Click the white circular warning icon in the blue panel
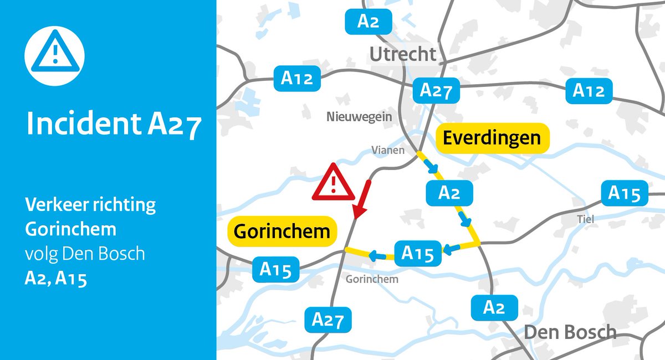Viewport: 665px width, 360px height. click(x=54, y=54)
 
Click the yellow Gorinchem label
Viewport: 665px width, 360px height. click(x=282, y=230)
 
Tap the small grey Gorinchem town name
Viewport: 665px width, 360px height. click(x=372, y=279)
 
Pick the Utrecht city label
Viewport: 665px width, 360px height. click(x=403, y=54)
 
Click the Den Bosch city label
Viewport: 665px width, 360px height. click(x=570, y=333)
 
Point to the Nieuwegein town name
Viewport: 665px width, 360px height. click(x=359, y=117)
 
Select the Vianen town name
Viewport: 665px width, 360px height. click(x=387, y=150)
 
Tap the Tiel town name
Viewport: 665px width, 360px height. click(x=585, y=219)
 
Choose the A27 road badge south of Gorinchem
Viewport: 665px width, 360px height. click(x=328, y=320)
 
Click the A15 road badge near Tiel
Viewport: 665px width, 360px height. click(x=624, y=193)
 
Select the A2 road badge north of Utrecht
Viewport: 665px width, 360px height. click(x=368, y=22)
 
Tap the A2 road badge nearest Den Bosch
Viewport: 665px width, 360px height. click(x=494, y=307)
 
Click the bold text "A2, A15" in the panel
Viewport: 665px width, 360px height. click(x=55, y=279)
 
